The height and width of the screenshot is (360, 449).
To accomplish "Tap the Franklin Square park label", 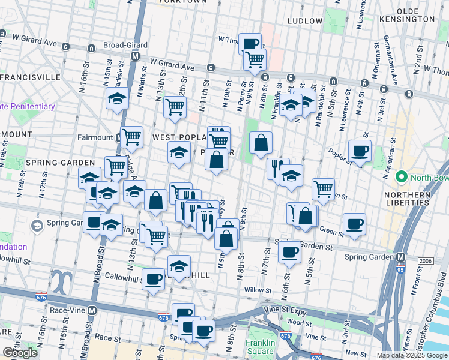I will (259, 347).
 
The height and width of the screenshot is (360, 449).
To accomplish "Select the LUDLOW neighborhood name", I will (305, 20).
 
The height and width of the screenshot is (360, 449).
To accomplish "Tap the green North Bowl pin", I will (401, 178).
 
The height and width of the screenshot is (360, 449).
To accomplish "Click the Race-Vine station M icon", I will (92, 311).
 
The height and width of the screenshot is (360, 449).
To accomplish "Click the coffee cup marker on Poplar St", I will (360, 151).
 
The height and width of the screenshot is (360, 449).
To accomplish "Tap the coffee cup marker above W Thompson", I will (250, 43).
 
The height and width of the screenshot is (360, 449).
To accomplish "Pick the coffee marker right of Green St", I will (354, 224).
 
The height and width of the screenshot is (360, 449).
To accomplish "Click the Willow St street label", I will (258, 290).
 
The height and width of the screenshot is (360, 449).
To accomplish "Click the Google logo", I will (20, 353).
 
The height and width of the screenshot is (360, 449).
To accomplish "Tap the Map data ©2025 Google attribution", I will (411, 355).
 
